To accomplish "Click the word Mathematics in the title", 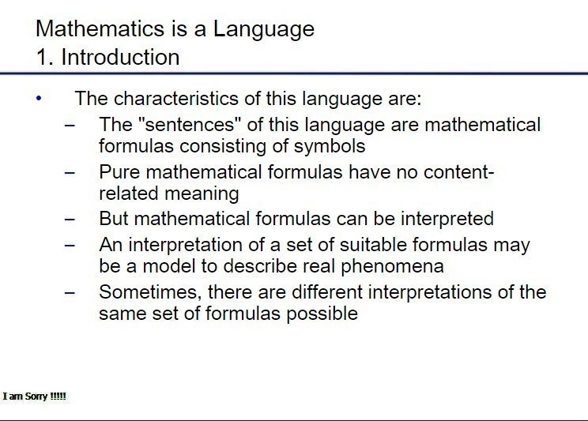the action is click(100, 28).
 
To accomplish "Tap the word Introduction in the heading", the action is click(120, 57).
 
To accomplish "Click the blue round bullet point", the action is click(39, 99).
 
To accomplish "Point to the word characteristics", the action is click(176, 99).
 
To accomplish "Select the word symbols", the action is click(330, 146).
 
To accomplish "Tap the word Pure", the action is click(119, 172).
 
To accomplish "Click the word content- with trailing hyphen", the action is click(459, 172).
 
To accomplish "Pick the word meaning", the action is click(202, 194).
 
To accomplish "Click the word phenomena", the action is click(392, 266).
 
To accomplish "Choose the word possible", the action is click(322, 314).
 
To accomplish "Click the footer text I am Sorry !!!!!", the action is click(35, 397).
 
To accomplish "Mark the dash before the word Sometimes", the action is click(70, 292).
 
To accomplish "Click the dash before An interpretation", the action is click(70, 245).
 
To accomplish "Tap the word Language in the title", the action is click(264, 29).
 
